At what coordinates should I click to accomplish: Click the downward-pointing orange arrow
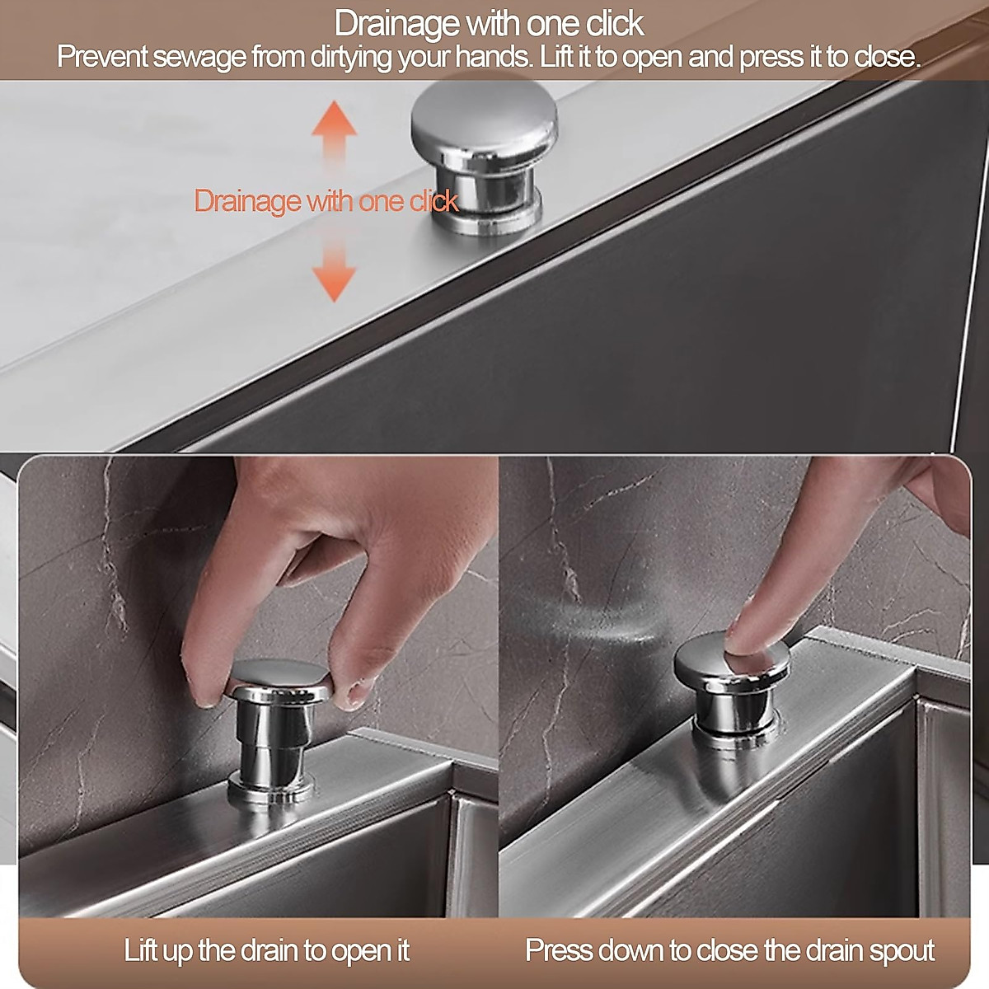(x=334, y=277)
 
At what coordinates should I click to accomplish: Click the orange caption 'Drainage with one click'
(x=326, y=200)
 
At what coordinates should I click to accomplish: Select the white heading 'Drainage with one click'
(x=489, y=23)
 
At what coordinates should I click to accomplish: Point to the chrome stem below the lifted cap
(x=272, y=742)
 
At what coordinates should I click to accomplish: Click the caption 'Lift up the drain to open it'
(x=266, y=950)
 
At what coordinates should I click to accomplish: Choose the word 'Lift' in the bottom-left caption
(x=141, y=950)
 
